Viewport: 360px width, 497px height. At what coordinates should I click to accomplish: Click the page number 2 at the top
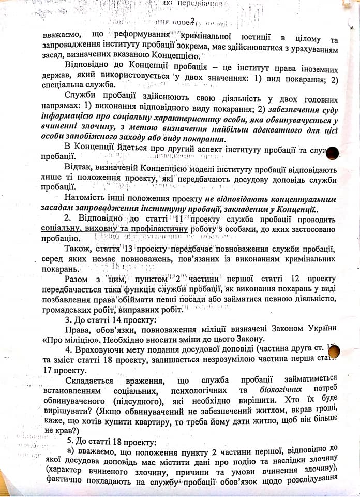192,21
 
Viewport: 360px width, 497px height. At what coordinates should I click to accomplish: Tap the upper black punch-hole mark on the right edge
333,152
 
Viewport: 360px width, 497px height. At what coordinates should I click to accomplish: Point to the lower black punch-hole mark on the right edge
334,352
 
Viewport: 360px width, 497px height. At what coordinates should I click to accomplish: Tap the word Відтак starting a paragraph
79,169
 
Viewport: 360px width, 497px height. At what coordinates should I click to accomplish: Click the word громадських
69,310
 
